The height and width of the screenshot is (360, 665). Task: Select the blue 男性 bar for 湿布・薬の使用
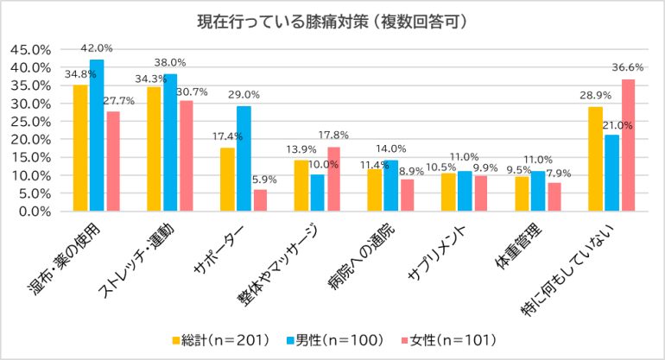(96, 135)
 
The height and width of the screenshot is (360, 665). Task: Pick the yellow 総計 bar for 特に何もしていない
(595, 159)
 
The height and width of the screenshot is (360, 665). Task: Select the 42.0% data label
(97, 48)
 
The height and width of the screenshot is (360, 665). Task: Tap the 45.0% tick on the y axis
(33, 49)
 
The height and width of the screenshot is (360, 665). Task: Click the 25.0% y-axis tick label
(33, 121)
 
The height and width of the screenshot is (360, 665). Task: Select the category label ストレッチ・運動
(138, 259)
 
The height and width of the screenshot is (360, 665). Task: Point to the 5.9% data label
(260, 180)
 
